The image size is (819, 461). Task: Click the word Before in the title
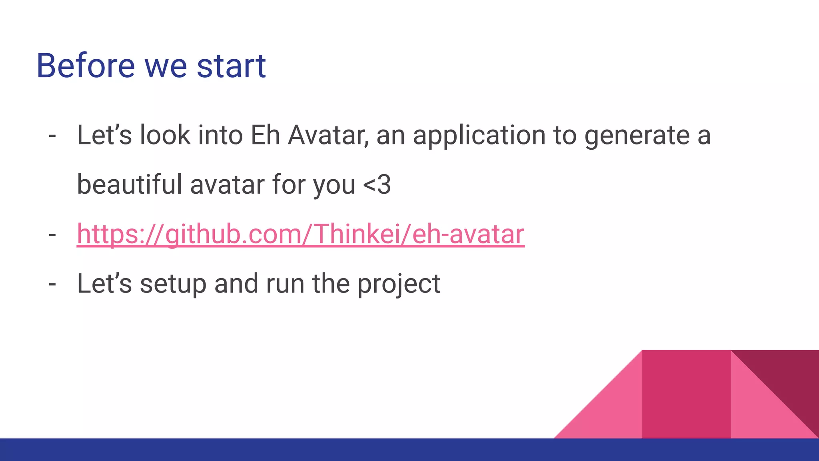(86, 66)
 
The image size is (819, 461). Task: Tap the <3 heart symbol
(377, 185)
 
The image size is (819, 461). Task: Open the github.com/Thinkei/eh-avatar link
(300, 235)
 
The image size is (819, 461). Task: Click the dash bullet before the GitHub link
(52, 235)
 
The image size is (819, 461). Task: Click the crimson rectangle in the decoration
(686, 394)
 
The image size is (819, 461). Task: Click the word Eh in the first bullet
(265, 135)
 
